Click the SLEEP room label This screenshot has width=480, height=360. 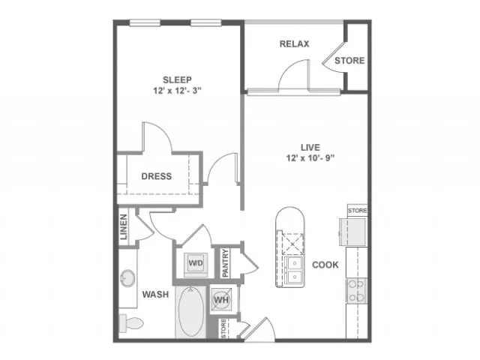click(177, 80)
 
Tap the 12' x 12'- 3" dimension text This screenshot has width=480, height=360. click(177, 91)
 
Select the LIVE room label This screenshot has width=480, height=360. click(310, 148)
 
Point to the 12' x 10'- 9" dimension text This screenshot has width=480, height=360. click(310, 158)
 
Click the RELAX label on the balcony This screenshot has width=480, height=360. click(295, 44)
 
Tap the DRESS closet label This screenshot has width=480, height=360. click(157, 176)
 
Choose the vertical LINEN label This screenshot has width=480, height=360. click(123, 226)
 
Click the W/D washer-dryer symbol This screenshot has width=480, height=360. click(196, 263)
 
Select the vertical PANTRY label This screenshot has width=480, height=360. click(226, 263)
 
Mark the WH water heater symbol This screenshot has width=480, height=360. click(221, 299)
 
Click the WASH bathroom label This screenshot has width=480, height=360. click(155, 295)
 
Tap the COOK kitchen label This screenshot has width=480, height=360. click(325, 265)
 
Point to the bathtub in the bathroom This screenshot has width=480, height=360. click(191, 312)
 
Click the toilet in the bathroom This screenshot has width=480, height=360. click(131, 323)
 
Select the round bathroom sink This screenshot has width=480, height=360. click(127, 278)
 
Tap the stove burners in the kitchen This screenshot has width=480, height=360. click(357, 290)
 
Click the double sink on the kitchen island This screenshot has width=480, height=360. click(295, 270)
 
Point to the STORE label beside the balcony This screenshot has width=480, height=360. click(349, 61)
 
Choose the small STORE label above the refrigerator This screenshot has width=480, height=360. click(357, 211)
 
